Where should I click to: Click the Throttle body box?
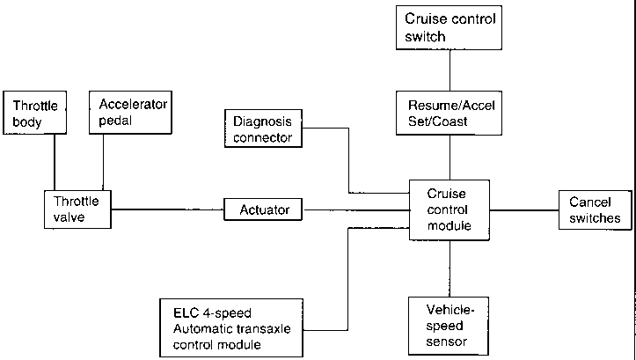click(35, 113)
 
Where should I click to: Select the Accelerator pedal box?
click(130, 113)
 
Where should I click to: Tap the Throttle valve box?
click(77, 209)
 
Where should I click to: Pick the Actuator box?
click(263, 209)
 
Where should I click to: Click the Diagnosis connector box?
click(263, 129)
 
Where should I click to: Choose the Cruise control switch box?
click(449, 27)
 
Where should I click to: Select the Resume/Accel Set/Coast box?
click(449, 113)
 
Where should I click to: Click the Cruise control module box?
click(450, 210)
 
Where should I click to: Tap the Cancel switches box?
click(595, 210)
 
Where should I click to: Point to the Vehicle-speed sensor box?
click(449, 327)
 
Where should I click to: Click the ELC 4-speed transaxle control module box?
click(231, 328)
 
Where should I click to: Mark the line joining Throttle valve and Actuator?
click(167, 209)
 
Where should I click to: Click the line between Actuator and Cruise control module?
click(355, 209)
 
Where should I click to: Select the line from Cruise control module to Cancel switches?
click(524, 210)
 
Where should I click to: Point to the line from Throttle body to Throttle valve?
click(55, 162)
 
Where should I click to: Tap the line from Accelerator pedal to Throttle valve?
click(103, 162)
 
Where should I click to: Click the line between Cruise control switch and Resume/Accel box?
click(450, 70)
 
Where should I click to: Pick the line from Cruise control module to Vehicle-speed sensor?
click(450, 268)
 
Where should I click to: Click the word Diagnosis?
click(262, 121)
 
